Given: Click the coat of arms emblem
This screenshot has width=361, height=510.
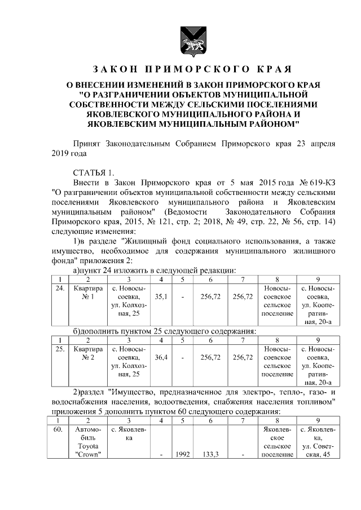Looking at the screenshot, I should click(180, 41).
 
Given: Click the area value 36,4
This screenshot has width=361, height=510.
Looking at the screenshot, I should click(161, 357).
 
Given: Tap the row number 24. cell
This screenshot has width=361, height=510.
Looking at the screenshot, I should click(59, 289).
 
